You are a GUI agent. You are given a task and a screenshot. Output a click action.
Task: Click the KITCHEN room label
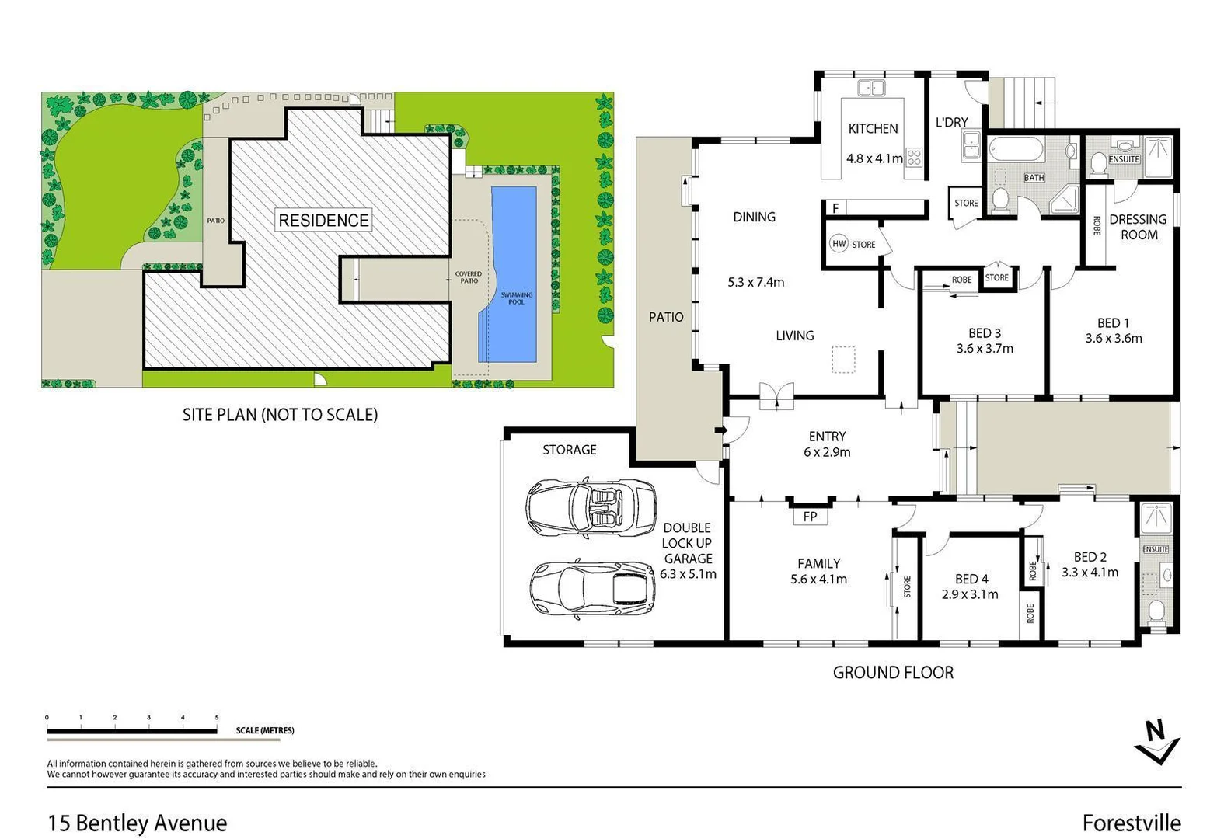[x=873, y=129]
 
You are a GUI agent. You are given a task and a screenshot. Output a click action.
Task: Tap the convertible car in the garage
[x=591, y=508]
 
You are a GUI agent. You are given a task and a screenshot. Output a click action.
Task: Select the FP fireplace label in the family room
[x=810, y=517]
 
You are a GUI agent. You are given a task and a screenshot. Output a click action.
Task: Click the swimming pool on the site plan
[x=514, y=273]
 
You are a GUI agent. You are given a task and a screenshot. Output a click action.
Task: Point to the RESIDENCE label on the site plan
[x=323, y=221]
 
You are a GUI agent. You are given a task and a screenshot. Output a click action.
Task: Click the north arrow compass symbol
[x=1156, y=742]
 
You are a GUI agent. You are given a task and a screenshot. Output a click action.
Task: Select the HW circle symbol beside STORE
[x=839, y=244]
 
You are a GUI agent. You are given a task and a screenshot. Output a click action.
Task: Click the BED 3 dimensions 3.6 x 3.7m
[x=985, y=349]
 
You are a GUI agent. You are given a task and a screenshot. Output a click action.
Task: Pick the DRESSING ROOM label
[x=1138, y=227]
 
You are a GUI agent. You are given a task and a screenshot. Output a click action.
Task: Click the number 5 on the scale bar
[x=217, y=718]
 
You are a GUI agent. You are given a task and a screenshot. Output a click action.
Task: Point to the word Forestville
[x=1131, y=823]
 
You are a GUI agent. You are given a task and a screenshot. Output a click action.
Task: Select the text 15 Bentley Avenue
[x=138, y=823]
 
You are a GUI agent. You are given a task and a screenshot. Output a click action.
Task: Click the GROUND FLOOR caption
[x=893, y=673]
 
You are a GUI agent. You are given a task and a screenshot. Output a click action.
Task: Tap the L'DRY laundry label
[x=951, y=122]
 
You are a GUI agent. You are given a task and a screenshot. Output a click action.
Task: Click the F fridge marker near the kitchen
[x=835, y=208]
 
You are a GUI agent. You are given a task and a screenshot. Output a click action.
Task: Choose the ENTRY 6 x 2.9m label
[x=827, y=444]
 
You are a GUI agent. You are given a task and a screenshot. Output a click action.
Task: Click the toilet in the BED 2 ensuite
[x=1156, y=611]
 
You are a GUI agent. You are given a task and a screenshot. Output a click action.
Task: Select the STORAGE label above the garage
[x=569, y=450]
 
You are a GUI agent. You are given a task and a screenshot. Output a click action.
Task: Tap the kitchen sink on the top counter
[x=870, y=88]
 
